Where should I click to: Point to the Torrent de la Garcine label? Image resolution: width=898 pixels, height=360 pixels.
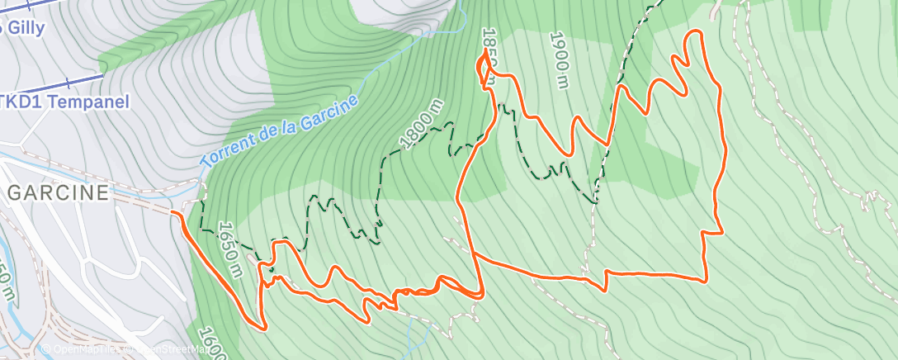281,131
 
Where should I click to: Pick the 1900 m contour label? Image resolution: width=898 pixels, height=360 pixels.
559,59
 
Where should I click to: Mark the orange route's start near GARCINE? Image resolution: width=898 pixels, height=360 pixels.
173,213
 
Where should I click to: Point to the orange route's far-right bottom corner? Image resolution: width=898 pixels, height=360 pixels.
706,281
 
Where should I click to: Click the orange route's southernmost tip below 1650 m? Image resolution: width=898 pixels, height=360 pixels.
264,329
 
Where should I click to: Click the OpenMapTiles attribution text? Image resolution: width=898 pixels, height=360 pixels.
83,350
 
